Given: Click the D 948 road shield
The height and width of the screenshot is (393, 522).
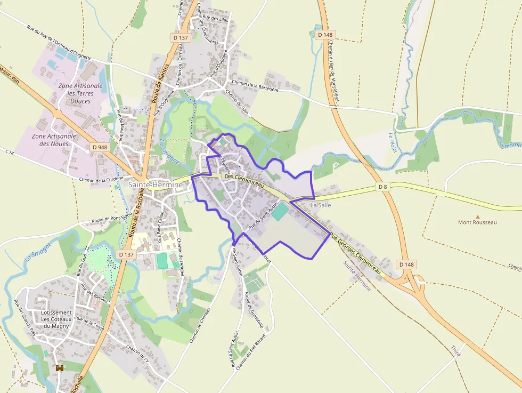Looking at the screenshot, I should pyautogui.click(x=99, y=147).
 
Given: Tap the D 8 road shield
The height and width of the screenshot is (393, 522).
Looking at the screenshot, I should pyautogui.click(x=383, y=186).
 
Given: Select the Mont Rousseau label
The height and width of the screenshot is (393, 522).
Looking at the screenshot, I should pyautogui.click(x=477, y=222).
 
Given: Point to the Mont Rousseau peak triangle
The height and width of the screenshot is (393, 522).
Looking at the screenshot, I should pyautogui.click(x=478, y=216).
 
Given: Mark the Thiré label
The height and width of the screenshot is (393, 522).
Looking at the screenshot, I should pyautogui.click(x=455, y=350).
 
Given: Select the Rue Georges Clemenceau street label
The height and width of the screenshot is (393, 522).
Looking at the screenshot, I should pyautogui.click(x=356, y=254).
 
